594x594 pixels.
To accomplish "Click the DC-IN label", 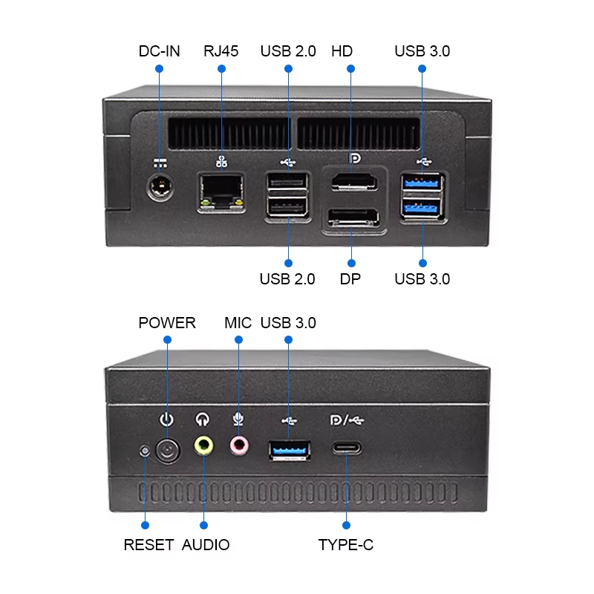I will coord(159,51).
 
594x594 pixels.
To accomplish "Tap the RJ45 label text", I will coord(221,51).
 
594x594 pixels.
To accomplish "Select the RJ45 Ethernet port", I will coord(221,193).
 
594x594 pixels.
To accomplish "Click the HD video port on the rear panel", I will coord(353,181).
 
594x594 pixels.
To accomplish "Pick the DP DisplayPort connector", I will coord(353,219).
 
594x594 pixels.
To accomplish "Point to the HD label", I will coord(342,51).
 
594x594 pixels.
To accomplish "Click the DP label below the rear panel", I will coord(350,279).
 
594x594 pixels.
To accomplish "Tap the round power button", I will coord(168,449).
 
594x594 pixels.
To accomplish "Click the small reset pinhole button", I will coord(146,450).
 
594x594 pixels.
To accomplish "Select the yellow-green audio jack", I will coord(203,446).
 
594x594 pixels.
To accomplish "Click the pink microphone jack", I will coord(238,445).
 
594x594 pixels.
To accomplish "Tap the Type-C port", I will coord(347,448).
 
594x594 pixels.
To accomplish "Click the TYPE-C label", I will coord(346,545).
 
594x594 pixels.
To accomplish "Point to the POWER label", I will coord(167,323).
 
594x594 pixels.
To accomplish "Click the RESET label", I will coord(148,545).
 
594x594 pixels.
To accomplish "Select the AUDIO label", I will coord(206,545).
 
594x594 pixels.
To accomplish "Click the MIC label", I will coord(238,323).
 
